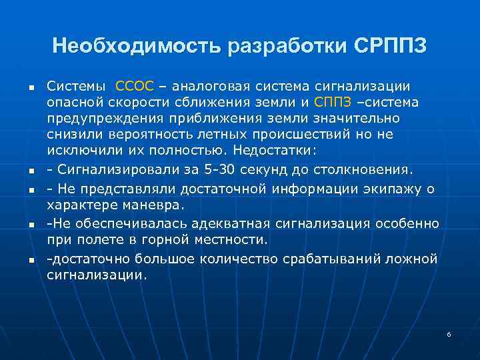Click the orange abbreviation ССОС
point(135,86)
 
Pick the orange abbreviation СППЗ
point(332,102)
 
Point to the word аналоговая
point(209,86)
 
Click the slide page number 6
point(449,333)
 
